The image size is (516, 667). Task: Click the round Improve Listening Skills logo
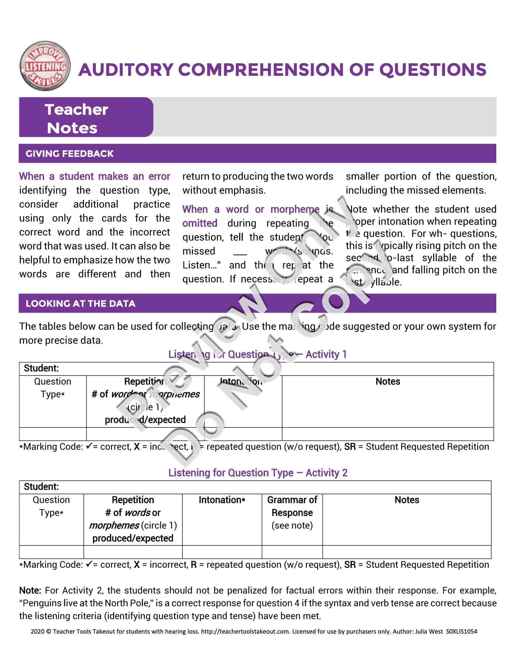45,66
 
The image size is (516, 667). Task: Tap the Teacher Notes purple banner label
76,118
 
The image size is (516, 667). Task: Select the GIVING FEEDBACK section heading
69,154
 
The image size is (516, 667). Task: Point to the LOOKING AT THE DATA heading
80,303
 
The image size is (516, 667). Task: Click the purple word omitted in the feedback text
200,223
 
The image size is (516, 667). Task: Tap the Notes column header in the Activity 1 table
388,382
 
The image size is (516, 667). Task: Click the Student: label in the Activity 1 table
41,368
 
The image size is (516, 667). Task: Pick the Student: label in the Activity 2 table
41,486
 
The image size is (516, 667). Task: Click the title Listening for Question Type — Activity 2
258,473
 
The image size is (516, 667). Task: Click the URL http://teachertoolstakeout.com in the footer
245,632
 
